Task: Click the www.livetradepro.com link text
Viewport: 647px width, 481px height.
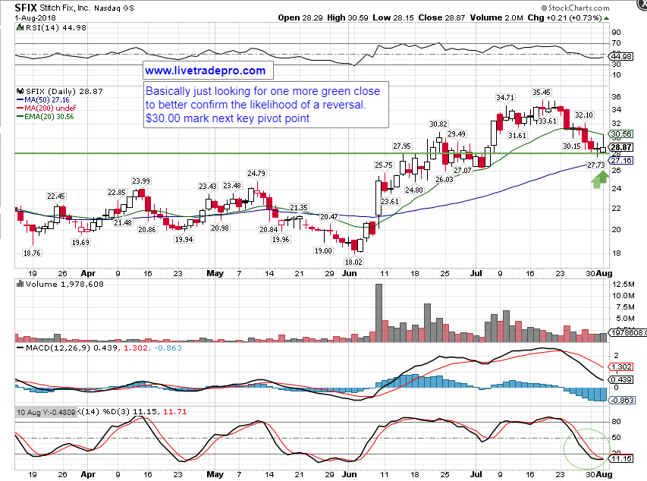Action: (x=205, y=71)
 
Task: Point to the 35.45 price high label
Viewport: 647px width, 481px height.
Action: (x=541, y=92)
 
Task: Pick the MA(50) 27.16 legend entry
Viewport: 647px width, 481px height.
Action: (x=46, y=99)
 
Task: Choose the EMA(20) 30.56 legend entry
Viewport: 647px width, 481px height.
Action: (x=49, y=116)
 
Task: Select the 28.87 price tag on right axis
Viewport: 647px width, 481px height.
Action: (x=622, y=146)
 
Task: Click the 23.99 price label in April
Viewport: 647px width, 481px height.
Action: (x=140, y=181)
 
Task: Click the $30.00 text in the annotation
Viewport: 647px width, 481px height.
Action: (x=162, y=118)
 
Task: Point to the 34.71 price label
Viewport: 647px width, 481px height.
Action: (x=504, y=98)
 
